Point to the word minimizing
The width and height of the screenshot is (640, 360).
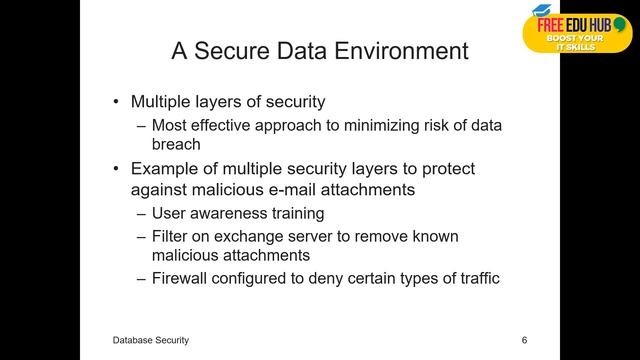[383, 125]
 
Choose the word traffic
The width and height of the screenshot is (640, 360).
[474, 278]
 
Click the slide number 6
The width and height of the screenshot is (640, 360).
[524, 341]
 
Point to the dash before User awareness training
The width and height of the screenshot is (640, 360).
[141, 213]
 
